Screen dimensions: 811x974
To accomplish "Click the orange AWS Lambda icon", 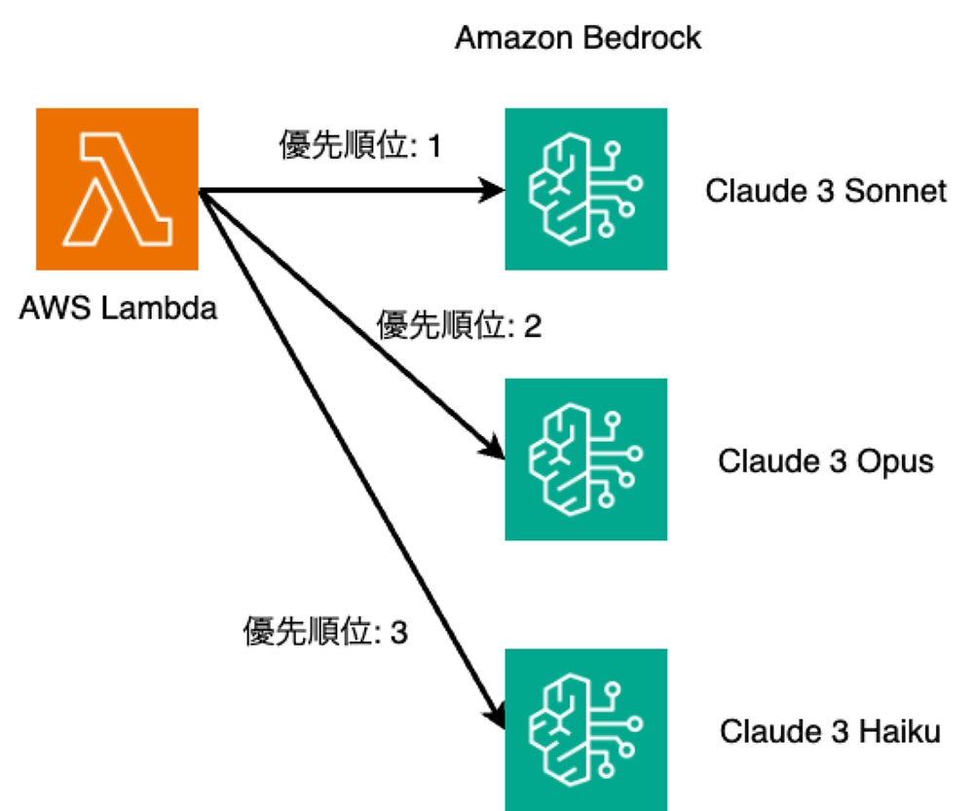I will click(x=117, y=189).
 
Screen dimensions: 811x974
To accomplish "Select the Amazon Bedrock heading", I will click(x=578, y=38).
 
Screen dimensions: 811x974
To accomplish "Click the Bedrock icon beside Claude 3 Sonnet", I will click(x=585, y=189).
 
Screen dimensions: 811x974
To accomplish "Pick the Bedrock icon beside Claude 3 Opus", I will click(x=585, y=459).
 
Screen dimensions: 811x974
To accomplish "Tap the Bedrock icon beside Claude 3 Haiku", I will click(x=585, y=729).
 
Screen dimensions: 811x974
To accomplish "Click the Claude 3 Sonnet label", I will click(x=826, y=190).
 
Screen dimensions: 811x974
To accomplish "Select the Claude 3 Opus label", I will click(x=826, y=461).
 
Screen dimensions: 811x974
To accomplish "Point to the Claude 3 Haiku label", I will click(x=830, y=730).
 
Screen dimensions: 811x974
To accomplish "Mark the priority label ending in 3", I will click(x=325, y=633).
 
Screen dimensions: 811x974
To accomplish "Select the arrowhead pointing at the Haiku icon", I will click(x=497, y=716).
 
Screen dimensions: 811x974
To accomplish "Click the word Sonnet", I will click(x=896, y=190).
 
